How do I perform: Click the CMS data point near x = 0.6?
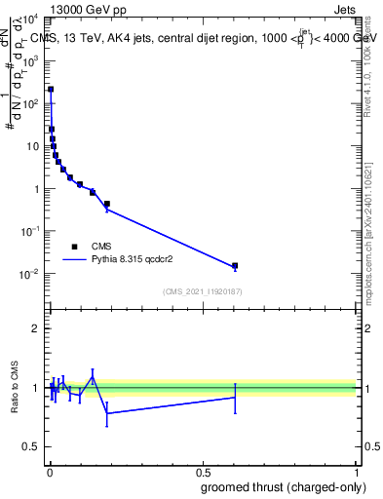coord(234,265)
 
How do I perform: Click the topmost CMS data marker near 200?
coord(51,89)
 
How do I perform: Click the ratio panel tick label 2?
coord(36,328)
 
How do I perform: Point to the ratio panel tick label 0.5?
coord(31,449)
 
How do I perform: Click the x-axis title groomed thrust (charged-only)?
coord(283,487)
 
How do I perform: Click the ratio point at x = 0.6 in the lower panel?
coord(234,397)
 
